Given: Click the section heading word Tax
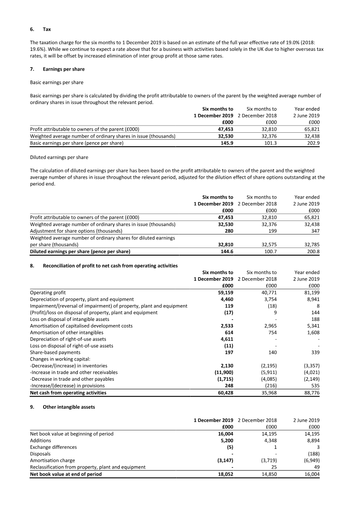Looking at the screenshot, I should click(x=47, y=29).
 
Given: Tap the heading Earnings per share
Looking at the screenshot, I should click(x=63, y=69).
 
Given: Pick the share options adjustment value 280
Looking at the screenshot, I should click(x=229, y=231).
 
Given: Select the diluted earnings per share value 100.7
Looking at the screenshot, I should click(x=269, y=251).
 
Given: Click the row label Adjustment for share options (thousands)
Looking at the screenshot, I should click(x=76, y=231).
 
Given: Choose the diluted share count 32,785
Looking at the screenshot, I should click(x=310, y=245).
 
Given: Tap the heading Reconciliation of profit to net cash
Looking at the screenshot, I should click(x=110, y=266).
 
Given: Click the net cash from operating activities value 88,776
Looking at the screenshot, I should click(x=310, y=393).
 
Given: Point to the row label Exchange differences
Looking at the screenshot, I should click(x=53, y=447).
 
